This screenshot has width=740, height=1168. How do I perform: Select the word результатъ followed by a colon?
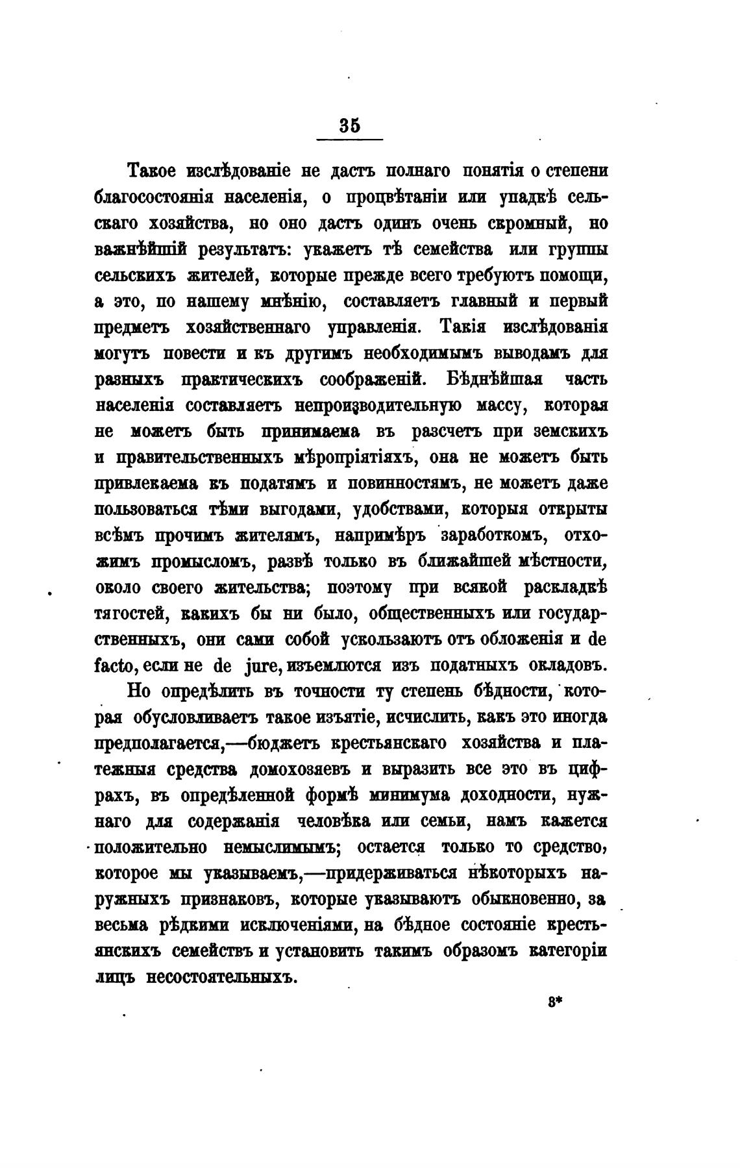coord(236,249)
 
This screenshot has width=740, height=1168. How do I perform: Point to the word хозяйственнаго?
coord(251,327)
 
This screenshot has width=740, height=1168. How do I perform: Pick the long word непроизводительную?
coord(378,406)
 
